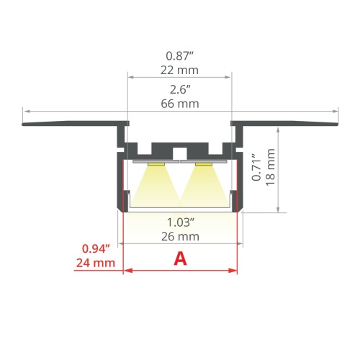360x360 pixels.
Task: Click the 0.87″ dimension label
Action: (180, 55)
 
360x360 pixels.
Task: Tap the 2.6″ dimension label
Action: (180, 90)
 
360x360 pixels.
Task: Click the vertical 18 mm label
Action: (271, 167)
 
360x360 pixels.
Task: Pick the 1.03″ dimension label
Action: (180, 222)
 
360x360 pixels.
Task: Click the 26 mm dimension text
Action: (180, 235)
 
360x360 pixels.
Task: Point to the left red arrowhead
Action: (128, 271)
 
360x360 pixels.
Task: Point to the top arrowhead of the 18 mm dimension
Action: (278, 125)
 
